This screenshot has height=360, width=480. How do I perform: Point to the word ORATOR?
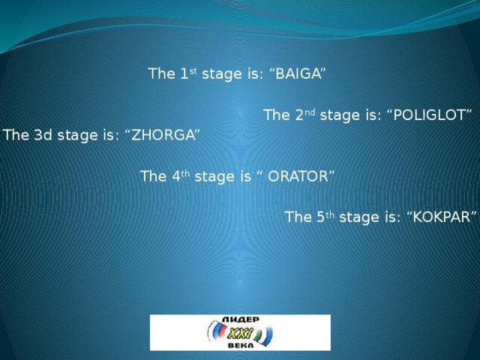point(298,177)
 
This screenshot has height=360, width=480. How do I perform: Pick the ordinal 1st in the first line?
point(190,73)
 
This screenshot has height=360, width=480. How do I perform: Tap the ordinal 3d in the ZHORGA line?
point(40,136)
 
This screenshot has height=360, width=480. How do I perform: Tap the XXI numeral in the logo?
point(238,332)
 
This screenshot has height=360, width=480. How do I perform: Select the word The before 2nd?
point(277,115)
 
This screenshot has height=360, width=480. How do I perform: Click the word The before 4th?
point(154,177)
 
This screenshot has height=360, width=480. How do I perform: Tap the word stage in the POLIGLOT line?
point(337,116)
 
